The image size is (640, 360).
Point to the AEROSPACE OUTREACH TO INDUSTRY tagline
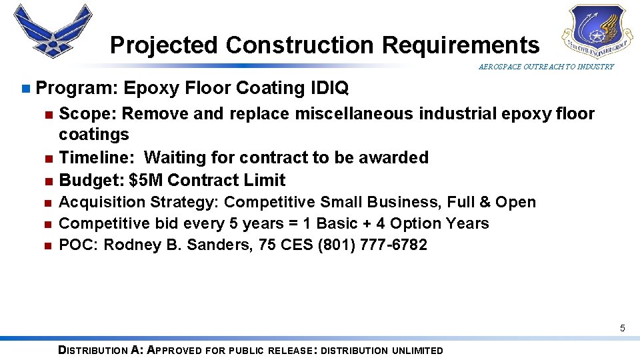click(546, 67)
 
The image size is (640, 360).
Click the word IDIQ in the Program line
click(329, 88)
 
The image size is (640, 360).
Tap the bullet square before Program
click(25, 89)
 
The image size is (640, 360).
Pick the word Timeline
click(98, 157)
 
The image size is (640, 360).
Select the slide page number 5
click(622, 328)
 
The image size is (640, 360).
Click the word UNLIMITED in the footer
click(417, 351)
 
